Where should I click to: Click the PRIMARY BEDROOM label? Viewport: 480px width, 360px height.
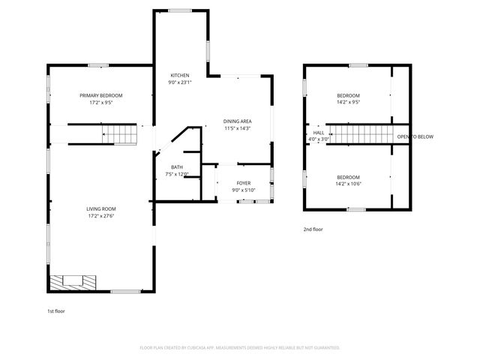coord(101,95)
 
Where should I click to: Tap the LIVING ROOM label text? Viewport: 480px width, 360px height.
coord(101,208)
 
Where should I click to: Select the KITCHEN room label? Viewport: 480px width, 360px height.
coord(180,75)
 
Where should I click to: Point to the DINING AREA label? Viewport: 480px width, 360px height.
coord(237,121)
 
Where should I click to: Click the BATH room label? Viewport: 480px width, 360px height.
coord(176,167)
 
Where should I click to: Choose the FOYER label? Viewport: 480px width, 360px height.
coord(244,182)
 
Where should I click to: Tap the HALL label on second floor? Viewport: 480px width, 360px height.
coord(319,131)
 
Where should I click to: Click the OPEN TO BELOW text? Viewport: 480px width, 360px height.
coord(415,136)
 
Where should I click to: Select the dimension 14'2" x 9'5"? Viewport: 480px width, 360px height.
coord(348,103)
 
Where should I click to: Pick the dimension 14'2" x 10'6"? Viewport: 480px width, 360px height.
coord(348,184)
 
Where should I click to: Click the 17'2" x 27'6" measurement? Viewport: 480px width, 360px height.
coord(101,216)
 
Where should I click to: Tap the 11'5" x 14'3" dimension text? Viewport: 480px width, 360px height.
coord(237,128)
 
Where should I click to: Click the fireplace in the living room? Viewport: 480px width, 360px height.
coord(73,283)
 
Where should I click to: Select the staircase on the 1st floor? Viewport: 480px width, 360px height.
coord(120,134)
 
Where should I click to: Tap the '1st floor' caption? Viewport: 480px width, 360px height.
coord(55,310)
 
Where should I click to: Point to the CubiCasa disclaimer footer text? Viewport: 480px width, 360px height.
coord(240,348)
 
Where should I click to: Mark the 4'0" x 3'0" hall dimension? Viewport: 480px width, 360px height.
coord(319,139)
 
